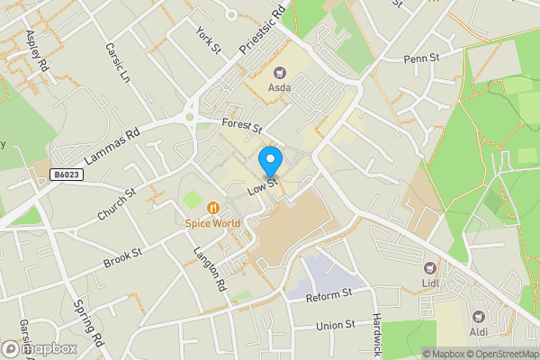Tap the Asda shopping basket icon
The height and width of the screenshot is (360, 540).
(279, 73)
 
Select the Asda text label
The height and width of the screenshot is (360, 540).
(279, 88)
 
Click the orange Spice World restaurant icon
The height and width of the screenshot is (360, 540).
(213, 207)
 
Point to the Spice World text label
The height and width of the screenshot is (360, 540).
(213, 222)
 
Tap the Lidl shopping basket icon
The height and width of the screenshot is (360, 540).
(430, 267)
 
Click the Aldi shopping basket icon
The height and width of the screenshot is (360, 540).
(478, 317)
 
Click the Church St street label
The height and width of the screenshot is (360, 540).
(116, 206)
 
